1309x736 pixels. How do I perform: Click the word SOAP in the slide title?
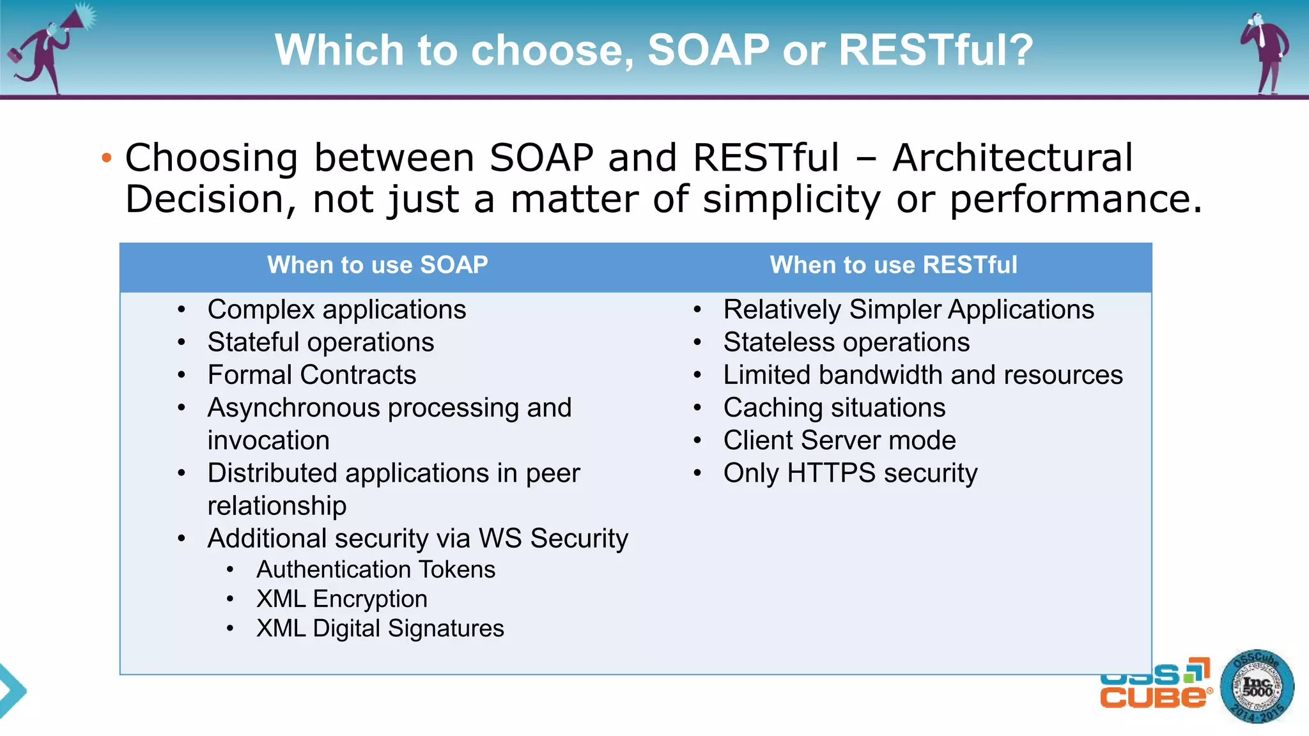click(708, 50)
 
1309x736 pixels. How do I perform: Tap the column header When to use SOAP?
click(377, 265)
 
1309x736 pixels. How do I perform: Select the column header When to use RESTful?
click(893, 265)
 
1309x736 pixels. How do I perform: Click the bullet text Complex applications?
click(337, 310)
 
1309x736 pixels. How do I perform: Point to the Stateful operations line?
click(321, 342)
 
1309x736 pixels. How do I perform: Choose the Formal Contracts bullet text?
click(312, 375)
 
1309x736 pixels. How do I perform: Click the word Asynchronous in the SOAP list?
click(293, 408)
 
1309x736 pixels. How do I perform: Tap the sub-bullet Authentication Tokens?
click(376, 569)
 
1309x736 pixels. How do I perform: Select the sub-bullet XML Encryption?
click(342, 599)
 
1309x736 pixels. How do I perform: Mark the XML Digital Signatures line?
click(380, 629)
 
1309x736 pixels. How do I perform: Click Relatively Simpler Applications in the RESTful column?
click(908, 310)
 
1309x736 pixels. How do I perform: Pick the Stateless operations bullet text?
click(846, 342)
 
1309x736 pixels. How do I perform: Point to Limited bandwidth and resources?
click(922, 375)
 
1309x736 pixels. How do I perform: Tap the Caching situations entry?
click(834, 408)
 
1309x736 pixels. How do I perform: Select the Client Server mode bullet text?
click(839, 441)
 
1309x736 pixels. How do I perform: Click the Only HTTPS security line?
click(850, 473)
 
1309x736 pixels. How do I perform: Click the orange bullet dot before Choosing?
click(107, 157)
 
